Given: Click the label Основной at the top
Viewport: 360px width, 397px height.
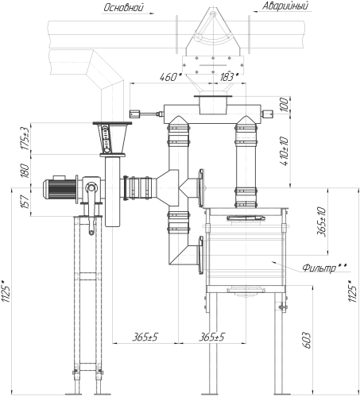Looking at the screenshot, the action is click(124, 7).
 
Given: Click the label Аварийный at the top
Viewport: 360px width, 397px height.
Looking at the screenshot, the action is click(285, 6).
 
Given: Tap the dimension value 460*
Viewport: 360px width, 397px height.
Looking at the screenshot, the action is click(171, 77).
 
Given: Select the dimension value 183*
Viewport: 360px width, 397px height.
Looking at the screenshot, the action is click(230, 77).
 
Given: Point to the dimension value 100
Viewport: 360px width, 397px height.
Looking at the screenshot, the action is click(284, 105).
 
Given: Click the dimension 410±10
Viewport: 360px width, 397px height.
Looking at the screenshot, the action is click(284, 151).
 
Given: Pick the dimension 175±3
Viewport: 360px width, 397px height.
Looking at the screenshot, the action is click(25, 138).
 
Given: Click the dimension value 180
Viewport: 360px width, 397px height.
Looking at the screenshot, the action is click(25, 171).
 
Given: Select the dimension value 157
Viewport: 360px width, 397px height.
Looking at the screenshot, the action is click(25, 202).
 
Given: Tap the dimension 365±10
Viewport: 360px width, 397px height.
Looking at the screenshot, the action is click(321, 222).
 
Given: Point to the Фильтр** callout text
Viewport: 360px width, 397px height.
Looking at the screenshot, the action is click(324, 268).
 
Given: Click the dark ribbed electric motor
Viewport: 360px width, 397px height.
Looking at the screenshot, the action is click(60, 189).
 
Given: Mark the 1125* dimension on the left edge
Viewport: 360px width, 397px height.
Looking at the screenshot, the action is click(6, 291).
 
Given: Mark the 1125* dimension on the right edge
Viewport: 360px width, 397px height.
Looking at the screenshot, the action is click(352, 291).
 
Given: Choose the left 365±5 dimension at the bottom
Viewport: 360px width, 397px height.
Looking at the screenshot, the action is click(145, 337).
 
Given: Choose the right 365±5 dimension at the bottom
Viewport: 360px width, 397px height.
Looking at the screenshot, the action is click(211, 337).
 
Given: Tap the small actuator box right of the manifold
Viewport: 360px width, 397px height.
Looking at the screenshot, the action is click(267, 114).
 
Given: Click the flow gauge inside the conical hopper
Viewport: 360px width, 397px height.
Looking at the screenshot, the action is click(106, 139).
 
